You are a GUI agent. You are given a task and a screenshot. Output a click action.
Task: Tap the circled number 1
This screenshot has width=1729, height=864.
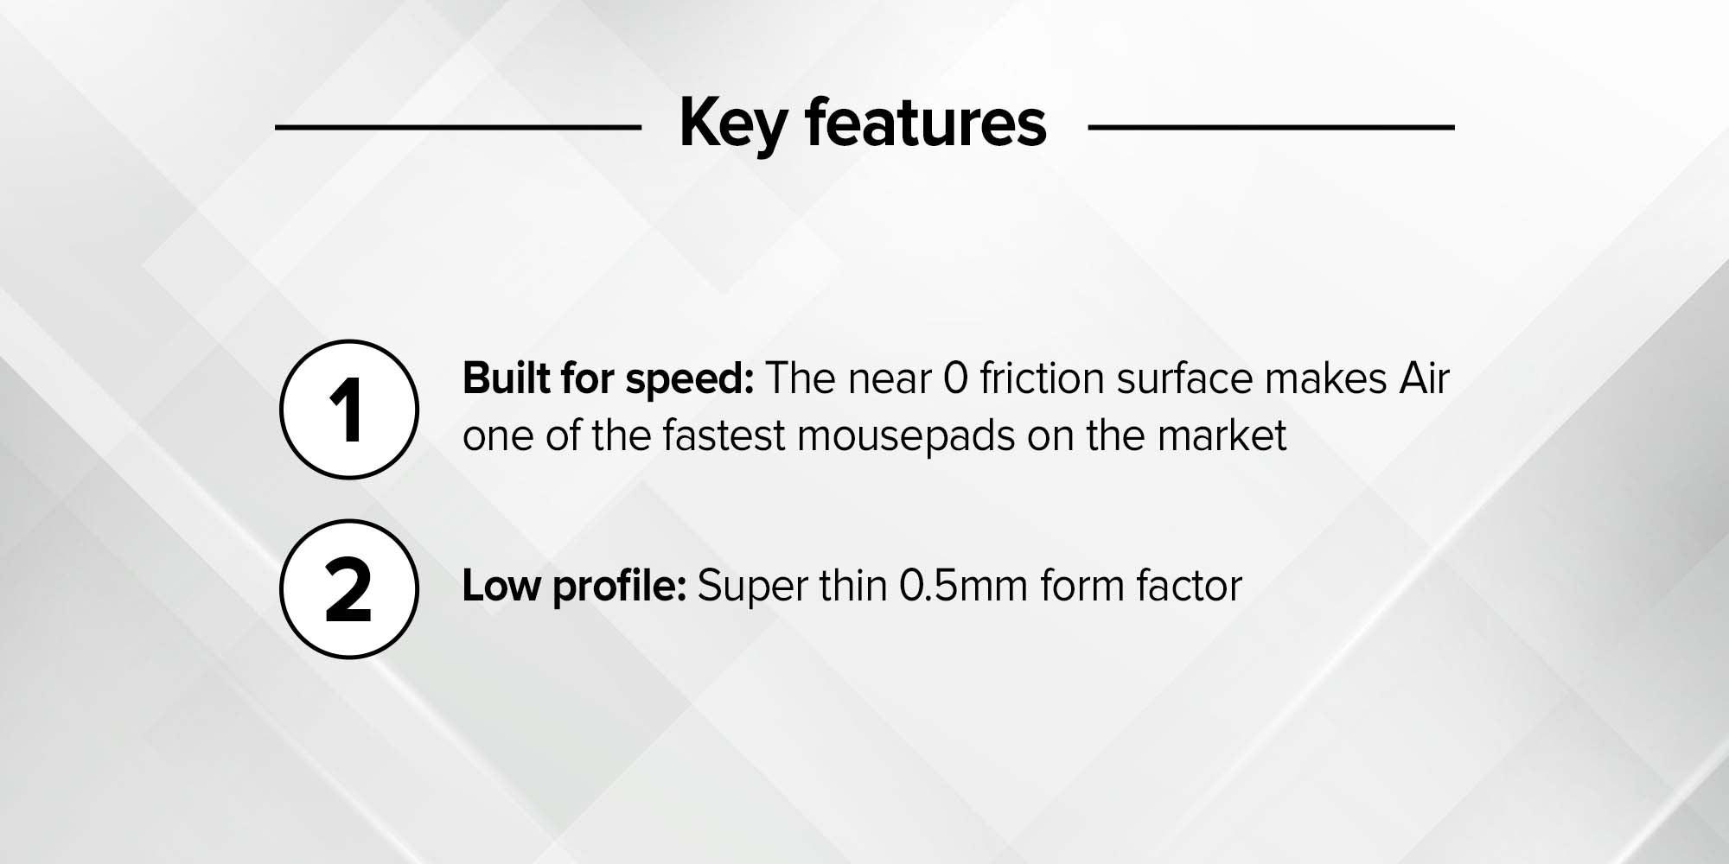pyautogui.click(x=349, y=410)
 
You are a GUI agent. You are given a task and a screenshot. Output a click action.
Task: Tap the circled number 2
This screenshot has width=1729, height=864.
pyautogui.click(x=349, y=589)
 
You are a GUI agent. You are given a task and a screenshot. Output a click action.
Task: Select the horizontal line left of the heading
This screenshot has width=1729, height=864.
pyautogui.click(x=458, y=127)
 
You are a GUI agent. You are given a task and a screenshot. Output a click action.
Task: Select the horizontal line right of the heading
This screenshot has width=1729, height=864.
pyautogui.click(x=1271, y=127)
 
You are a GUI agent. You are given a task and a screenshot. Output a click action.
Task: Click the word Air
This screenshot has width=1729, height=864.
pyautogui.click(x=1424, y=378)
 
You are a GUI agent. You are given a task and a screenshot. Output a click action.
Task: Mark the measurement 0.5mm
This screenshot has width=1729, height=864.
pyautogui.click(x=964, y=586)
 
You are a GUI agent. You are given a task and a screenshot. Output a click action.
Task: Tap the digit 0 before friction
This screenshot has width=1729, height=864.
pyautogui.click(x=955, y=379)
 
